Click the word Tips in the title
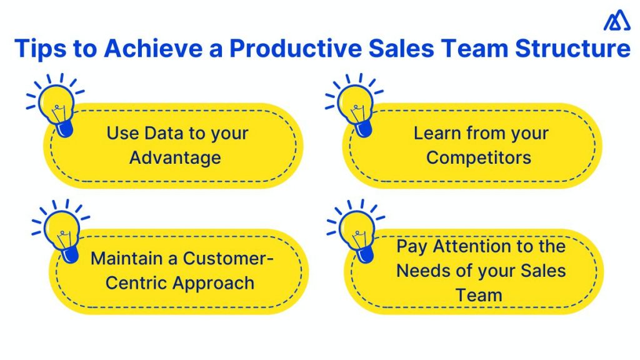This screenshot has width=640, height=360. point(39,49)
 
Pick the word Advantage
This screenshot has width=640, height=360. point(175,157)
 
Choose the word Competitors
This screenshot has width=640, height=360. point(479,157)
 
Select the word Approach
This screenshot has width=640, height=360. point(214,282)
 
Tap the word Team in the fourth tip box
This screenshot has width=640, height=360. point(479,294)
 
